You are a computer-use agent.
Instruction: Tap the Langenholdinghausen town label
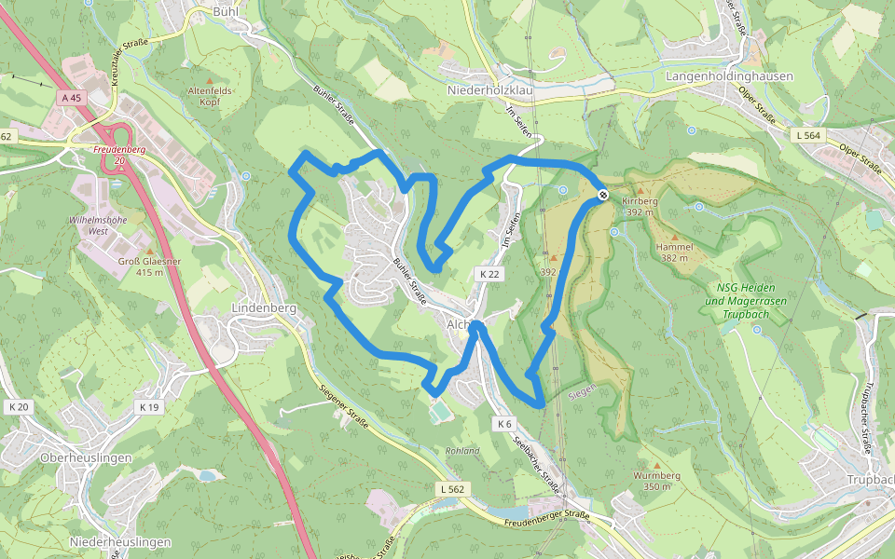click(730, 76)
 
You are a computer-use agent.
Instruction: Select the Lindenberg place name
click(264, 308)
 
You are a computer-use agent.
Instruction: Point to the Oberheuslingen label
click(86, 458)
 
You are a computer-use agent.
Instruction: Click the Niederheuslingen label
click(120, 541)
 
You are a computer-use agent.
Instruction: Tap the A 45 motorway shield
click(70, 97)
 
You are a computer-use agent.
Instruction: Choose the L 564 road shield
click(808, 135)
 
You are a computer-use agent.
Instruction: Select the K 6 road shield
click(504, 424)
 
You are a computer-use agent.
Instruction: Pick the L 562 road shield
click(451, 488)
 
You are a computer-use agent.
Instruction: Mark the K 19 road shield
click(148, 406)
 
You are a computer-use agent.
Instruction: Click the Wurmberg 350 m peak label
click(656, 481)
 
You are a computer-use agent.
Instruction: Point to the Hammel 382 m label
click(674, 252)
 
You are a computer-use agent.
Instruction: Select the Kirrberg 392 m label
click(641, 206)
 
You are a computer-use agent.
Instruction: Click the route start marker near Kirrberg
click(603, 195)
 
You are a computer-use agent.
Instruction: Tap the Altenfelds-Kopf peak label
click(210, 96)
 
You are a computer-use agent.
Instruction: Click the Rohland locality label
click(461, 451)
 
